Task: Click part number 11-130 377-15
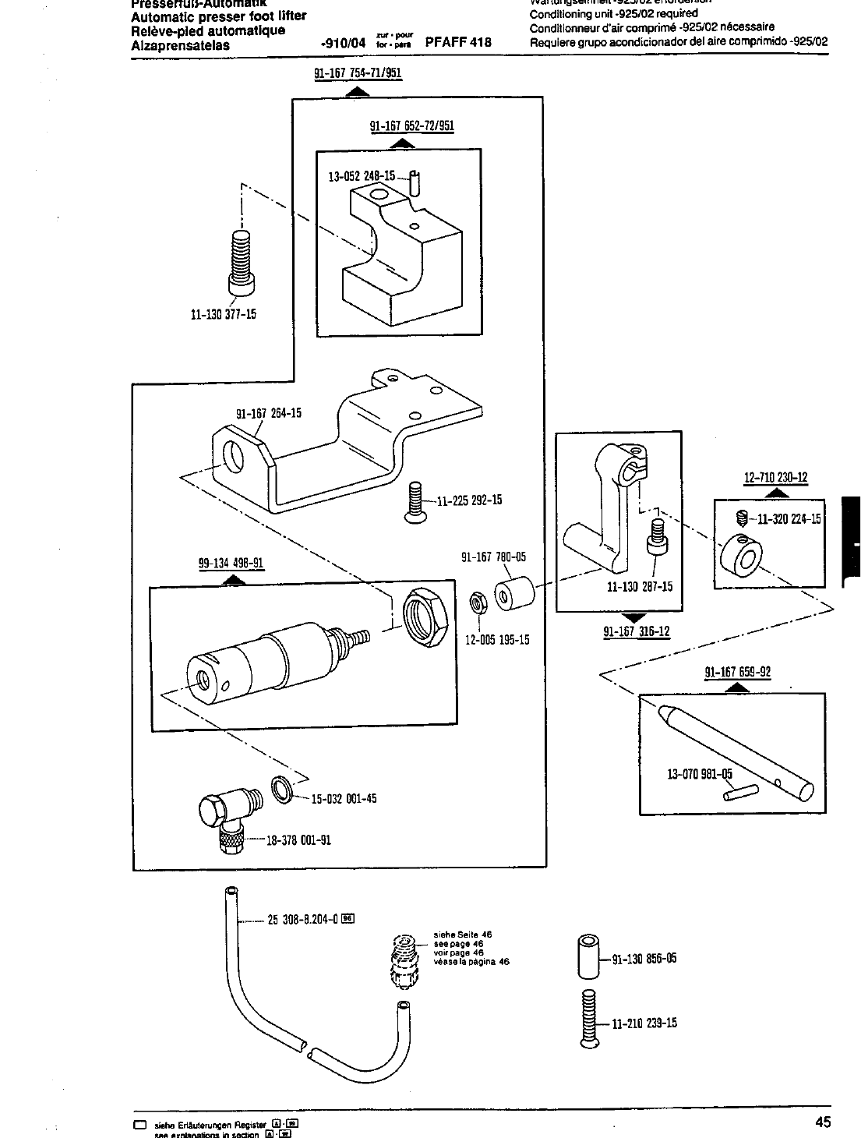(x=224, y=315)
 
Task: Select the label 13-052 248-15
(x=361, y=177)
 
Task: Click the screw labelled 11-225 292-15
(x=415, y=500)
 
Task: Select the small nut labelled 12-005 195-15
(x=477, y=603)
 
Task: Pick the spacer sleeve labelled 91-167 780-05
(x=513, y=596)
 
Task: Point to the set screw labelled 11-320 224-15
(x=743, y=518)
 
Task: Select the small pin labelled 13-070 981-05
(x=739, y=791)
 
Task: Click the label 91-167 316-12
(x=636, y=631)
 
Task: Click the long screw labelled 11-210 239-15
(x=588, y=1017)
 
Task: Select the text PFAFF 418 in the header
(x=458, y=42)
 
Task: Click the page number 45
(x=823, y=1122)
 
